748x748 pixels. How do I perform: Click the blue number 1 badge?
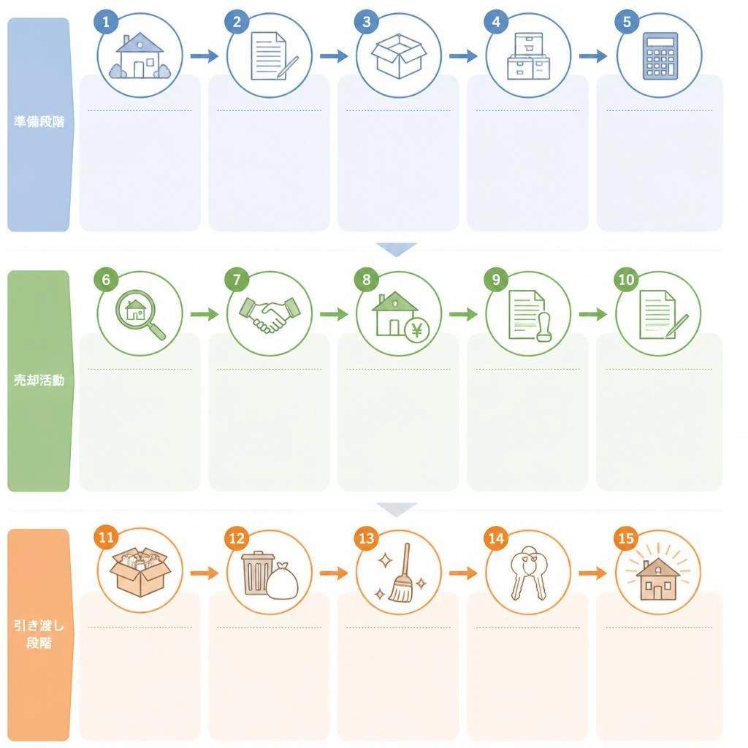point(106,22)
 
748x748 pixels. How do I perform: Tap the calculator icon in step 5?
point(660,56)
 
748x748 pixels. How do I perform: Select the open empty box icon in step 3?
point(399,56)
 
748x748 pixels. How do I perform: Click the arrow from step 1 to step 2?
point(205,56)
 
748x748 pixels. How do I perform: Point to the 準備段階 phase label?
point(39,122)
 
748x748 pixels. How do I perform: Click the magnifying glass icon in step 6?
point(140,314)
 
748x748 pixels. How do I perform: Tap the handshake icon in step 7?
point(270,314)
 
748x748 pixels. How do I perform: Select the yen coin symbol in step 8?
point(417,329)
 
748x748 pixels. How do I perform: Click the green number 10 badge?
point(626,280)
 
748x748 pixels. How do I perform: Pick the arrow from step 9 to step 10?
point(593,314)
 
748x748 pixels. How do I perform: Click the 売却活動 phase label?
point(39,380)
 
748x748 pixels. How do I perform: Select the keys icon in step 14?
point(528,573)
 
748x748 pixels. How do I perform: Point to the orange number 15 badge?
point(626,538)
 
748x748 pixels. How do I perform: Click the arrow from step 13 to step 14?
point(463,573)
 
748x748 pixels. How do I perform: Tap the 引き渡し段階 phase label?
point(39,635)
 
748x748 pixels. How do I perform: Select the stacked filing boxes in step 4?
point(529,56)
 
